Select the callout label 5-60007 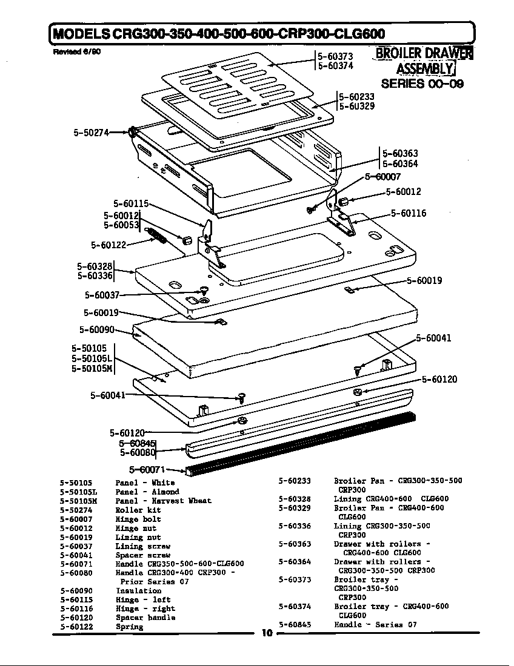tap(382, 177)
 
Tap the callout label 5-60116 tap(408, 213)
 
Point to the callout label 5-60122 tap(108, 245)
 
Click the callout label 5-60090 tap(97, 329)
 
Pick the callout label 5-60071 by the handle tap(147, 469)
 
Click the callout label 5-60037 tap(102, 295)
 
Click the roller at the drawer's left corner tap(132, 133)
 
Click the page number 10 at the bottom tap(267, 633)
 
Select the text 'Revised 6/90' tap(76, 51)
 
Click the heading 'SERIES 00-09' tap(422, 84)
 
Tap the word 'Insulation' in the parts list tap(138, 590)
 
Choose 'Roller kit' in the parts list tap(138, 510)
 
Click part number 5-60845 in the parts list tap(295, 624)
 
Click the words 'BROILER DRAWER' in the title tap(424, 53)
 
